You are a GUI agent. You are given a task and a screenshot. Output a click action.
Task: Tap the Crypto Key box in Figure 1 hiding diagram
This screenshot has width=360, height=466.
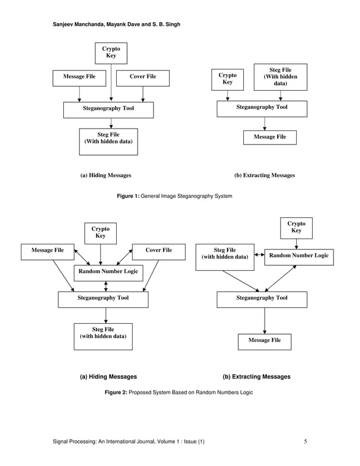coord(111,54)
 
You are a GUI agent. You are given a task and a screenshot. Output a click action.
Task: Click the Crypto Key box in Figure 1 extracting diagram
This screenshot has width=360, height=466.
coord(227,79)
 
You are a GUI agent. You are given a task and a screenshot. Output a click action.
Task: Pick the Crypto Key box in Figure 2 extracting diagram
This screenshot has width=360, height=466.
coord(296,227)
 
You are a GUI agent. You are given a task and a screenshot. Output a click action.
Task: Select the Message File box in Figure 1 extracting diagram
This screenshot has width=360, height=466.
coord(270,137)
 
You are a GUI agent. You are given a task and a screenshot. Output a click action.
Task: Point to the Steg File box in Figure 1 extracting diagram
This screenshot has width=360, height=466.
coord(280,77)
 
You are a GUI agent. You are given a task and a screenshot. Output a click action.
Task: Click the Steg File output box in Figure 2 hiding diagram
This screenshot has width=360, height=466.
coord(103,336)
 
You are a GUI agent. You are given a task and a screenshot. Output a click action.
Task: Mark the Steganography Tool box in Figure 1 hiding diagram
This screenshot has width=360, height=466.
coord(108,109)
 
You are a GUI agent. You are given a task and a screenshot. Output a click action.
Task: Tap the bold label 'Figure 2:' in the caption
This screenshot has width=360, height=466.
coord(116,392)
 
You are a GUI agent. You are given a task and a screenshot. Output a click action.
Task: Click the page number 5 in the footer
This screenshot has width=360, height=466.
coord(305,441)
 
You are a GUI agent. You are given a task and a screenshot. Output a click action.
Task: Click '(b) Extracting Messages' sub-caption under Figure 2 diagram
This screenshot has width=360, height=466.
coord(257,376)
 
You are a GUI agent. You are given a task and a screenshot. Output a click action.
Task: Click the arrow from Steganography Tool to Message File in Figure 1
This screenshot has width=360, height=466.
coord(265,124)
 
